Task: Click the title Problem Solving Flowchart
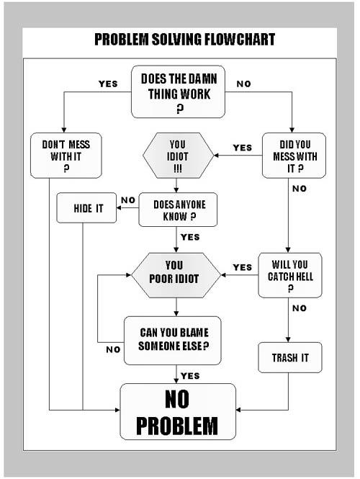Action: click(184, 40)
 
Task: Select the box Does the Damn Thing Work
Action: click(178, 91)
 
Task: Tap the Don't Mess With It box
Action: click(66, 156)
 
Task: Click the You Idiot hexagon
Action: click(178, 156)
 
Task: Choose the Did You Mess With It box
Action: click(294, 156)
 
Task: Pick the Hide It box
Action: click(86, 207)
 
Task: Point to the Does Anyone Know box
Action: click(178, 210)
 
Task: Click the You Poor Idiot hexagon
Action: click(176, 275)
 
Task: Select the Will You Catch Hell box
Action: click(290, 275)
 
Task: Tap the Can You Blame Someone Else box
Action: click(173, 341)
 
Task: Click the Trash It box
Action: click(290, 357)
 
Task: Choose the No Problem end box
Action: click(178, 411)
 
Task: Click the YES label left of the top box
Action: click(108, 84)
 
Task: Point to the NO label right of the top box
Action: click(243, 84)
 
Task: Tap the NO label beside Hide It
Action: click(128, 200)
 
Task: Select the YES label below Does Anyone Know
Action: click(190, 237)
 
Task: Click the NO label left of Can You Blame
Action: click(113, 349)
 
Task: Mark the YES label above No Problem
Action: click(190, 376)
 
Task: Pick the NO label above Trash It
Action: click(300, 308)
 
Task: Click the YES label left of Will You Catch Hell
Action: click(243, 267)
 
